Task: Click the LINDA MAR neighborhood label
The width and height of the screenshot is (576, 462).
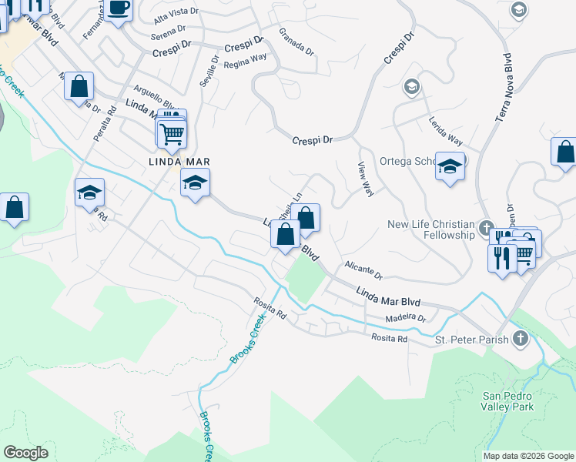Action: [179, 162]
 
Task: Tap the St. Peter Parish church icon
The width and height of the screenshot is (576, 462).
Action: [521, 339]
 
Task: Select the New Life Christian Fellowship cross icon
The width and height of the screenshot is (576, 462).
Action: [486, 228]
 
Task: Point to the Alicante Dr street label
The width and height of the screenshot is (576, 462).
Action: [363, 269]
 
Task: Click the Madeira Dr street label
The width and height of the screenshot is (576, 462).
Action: [406, 317]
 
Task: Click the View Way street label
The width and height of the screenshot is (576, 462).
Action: [366, 179]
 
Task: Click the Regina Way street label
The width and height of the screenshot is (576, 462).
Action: [245, 61]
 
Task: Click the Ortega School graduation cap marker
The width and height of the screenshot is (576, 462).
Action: [450, 166]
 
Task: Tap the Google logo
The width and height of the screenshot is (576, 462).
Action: [25, 453]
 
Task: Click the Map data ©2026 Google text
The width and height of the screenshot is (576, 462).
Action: [527, 456]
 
